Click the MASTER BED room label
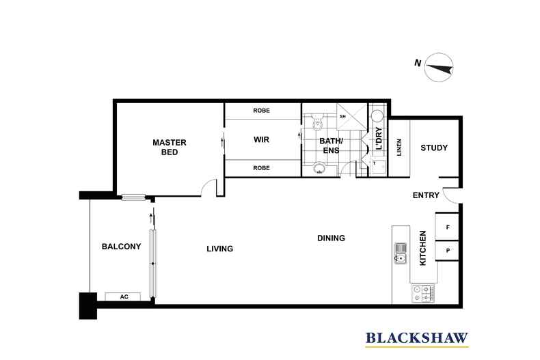point(170,148)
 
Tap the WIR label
point(261,140)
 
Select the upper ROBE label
point(261,111)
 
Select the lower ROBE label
point(261,168)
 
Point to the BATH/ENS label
point(331,146)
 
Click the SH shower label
point(342,116)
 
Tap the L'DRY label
point(379,139)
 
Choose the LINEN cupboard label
point(399,148)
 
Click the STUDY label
point(434,148)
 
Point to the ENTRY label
point(426,195)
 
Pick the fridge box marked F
point(447,227)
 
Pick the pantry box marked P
point(447,251)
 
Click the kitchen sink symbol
point(400,253)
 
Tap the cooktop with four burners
point(423,293)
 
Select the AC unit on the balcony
point(123,296)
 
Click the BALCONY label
point(121,247)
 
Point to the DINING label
point(331,238)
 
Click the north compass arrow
point(439,68)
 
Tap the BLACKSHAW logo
point(417,338)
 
